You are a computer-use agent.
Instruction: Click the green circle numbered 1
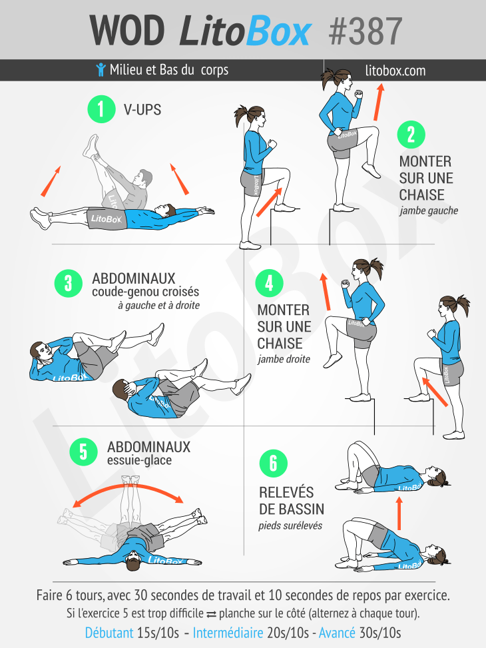pos(101,109)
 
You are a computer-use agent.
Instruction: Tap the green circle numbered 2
pos(411,135)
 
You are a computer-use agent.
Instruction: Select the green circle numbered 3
pos(68,284)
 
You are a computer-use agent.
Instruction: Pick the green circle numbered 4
pos(269,283)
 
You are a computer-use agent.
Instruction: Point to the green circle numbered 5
pos(83,452)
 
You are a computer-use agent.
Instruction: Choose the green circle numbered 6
pos(273,464)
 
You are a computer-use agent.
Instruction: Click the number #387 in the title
pos(365,31)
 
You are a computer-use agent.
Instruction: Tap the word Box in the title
pos(278,31)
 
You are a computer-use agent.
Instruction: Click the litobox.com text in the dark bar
pos(395,70)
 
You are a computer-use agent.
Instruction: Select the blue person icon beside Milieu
pos(101,69)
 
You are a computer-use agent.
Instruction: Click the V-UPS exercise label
pos(142,109)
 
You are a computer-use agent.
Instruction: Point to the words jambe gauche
pos(429,210)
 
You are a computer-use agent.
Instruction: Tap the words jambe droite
pos(284,359)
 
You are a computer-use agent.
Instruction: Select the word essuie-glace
pos(139,460)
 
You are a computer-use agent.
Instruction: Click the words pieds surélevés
pos(290,525)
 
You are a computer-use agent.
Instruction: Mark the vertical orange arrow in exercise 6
pos(399,513)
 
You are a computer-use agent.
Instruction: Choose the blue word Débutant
pos(109,633)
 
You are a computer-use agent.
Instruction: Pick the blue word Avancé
pos(337,633)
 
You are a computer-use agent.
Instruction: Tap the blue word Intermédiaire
pos(228,633)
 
